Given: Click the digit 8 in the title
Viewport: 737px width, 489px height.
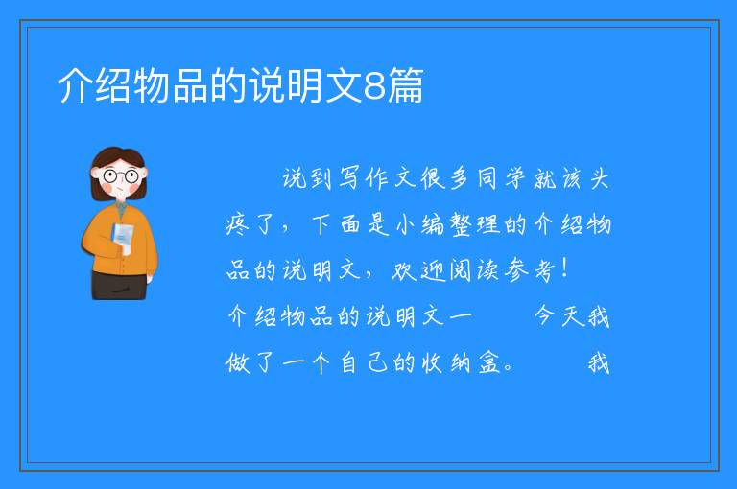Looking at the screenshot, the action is [x=374, y=85].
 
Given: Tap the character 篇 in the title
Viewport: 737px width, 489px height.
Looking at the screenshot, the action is [x=405, y=85].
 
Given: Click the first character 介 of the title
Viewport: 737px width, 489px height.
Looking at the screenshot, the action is [x=75, y=85].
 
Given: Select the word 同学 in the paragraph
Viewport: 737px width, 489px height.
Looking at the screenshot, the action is [x=502, y=178].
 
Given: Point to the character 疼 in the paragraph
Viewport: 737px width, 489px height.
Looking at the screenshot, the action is [x=237, y=224].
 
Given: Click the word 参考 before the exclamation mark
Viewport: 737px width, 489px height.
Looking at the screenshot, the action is [x=530, y=270].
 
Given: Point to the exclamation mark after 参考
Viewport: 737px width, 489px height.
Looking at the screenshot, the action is [x=564, y=269].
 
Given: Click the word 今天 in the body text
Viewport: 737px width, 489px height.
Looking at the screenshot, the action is [x=559, y=315].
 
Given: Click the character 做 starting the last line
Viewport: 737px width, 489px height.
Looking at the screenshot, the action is [x=237, y=362].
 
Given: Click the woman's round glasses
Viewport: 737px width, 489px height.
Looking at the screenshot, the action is [x=120, y=176].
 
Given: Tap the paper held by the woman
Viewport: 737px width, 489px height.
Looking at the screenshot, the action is [x=123, y=237].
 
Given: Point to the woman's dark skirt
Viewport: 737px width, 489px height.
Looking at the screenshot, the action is [x=119, y=285].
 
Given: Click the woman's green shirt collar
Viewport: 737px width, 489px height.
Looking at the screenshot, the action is [x=121, y=207].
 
